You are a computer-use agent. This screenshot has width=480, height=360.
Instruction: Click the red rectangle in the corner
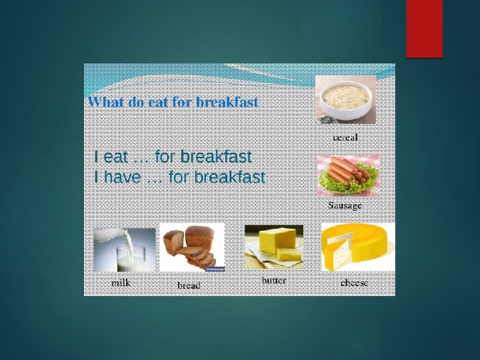click(424, 28)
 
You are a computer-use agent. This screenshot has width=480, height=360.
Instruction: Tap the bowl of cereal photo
click(346, 100)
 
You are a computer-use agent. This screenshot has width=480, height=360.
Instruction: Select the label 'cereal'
click(345, 138)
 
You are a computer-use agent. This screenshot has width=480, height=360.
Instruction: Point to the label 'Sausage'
click(345, 205)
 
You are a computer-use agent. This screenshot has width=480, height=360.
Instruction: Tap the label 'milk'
click(121, 283)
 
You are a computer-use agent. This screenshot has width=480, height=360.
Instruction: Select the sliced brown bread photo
click(192, 247)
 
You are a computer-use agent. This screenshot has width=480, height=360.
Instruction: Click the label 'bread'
click(189, 286)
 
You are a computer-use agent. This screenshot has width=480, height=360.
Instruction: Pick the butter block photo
click(274, 247)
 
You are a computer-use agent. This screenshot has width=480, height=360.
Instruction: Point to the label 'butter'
click(274, 280)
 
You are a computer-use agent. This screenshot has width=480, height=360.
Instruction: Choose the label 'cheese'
click(354, 283)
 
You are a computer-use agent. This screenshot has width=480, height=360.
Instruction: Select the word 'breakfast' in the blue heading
click(226, 102)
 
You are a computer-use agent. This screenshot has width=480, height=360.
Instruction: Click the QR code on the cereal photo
click(326, 120)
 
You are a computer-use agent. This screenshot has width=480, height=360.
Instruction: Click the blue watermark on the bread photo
click(215, 269)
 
